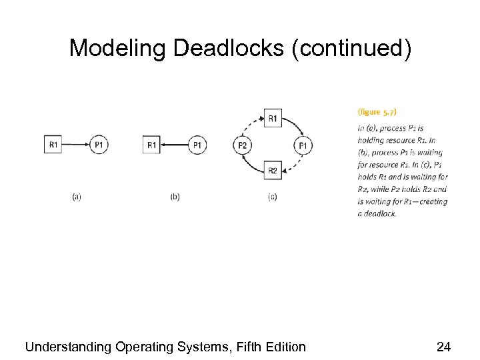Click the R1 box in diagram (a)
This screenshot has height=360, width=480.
(53, 144)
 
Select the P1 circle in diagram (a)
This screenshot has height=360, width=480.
(99, 144)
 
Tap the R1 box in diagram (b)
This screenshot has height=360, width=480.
(151, 145)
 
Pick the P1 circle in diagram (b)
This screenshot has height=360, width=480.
(197, 145)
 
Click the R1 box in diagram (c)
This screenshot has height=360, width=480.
(273, 119)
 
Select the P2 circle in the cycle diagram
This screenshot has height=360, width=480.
(242, 145)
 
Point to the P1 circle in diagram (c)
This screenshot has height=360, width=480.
(303, 145)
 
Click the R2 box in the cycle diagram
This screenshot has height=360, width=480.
(273, 171)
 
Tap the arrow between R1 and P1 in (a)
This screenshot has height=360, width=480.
(76, 144)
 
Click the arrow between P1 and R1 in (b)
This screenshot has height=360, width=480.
(174, 145)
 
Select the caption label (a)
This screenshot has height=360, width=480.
(77, 197)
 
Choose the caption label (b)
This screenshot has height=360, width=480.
(175, 197)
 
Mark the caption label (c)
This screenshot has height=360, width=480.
(273, 197)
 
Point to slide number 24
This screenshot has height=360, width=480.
(443, 347)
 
